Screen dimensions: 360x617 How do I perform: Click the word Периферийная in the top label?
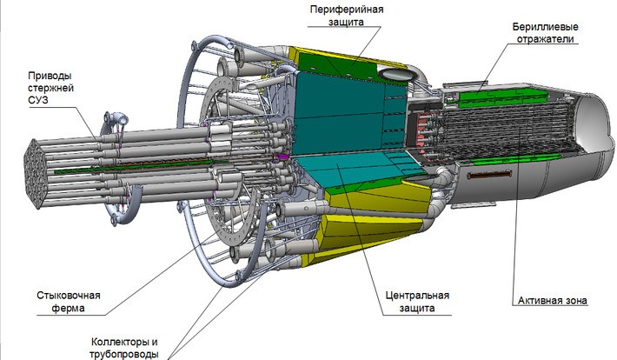[345, 9]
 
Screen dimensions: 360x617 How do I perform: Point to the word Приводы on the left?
[50, 75]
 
